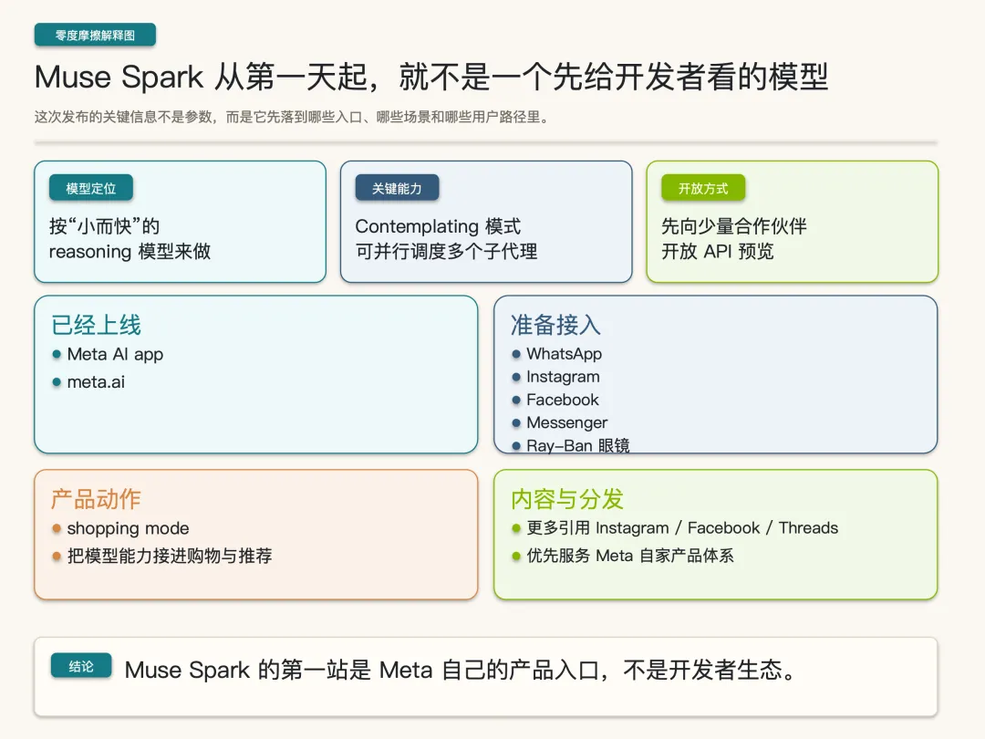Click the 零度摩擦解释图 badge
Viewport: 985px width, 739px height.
95,36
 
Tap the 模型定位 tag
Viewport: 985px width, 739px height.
90,189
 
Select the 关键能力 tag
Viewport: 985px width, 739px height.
397,189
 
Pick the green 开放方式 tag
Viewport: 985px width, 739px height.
703,189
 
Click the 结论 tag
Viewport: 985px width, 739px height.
81,667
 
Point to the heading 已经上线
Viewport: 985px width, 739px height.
96,326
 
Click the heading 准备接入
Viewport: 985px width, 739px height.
555,326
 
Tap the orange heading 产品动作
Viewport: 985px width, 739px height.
96,499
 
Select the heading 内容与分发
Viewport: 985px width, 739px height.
567,499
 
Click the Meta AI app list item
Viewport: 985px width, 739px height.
115,354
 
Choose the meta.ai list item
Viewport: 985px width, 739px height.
96,382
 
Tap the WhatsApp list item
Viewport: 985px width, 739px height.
564,354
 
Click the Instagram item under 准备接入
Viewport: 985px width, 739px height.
563,377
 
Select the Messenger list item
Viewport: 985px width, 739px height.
566,422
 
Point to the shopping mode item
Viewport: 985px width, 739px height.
128,528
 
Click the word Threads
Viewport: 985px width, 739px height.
808,527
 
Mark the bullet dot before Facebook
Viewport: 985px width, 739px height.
516,401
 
